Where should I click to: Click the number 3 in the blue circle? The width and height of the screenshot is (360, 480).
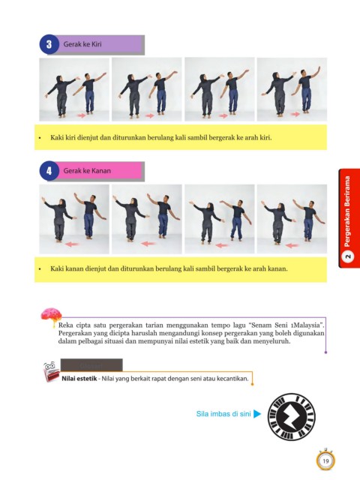[49, 44]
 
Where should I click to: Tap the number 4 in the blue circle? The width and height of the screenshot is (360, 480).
[49, 171]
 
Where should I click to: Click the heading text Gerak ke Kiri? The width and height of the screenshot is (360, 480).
[82, 44]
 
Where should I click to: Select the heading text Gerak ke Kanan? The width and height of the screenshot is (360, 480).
[87, 170]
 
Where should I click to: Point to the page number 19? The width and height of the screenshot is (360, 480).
[325, 461]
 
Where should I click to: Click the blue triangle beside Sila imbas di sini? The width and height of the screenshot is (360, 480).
[257, 414]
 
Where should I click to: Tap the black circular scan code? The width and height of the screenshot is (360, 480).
[292, 417]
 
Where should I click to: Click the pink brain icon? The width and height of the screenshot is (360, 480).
[52, 316]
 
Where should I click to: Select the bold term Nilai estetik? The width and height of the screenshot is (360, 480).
[79, 379]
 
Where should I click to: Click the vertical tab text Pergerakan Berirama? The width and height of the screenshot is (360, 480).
[347, 211]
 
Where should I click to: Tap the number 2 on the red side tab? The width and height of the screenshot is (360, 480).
[347, 256]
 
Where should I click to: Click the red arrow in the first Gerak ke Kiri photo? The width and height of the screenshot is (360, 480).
[81, 115]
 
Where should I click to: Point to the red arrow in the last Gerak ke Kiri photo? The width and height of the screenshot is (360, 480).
[295, 114]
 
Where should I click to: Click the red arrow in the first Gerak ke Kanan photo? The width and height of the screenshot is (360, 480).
[73, 244]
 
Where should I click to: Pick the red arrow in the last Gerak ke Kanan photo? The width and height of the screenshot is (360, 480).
[292, 245]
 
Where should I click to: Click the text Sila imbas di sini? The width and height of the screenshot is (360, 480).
[223, 414]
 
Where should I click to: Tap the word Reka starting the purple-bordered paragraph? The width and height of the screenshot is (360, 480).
[65, 325]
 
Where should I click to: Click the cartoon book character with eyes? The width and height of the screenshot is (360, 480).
[51, 372]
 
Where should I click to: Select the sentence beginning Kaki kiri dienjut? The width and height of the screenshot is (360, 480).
[161, 137]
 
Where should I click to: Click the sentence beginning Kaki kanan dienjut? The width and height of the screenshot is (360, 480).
[169, 268]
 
